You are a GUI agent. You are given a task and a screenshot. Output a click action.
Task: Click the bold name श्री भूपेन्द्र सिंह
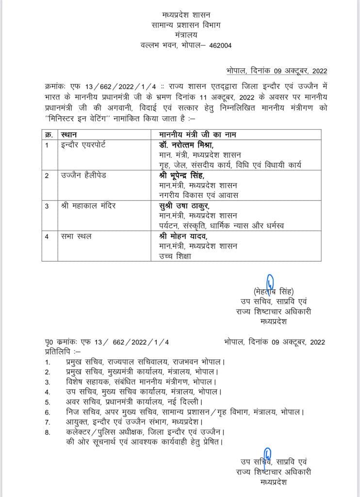183,175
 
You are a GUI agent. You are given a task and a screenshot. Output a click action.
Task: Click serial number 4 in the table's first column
47,236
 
